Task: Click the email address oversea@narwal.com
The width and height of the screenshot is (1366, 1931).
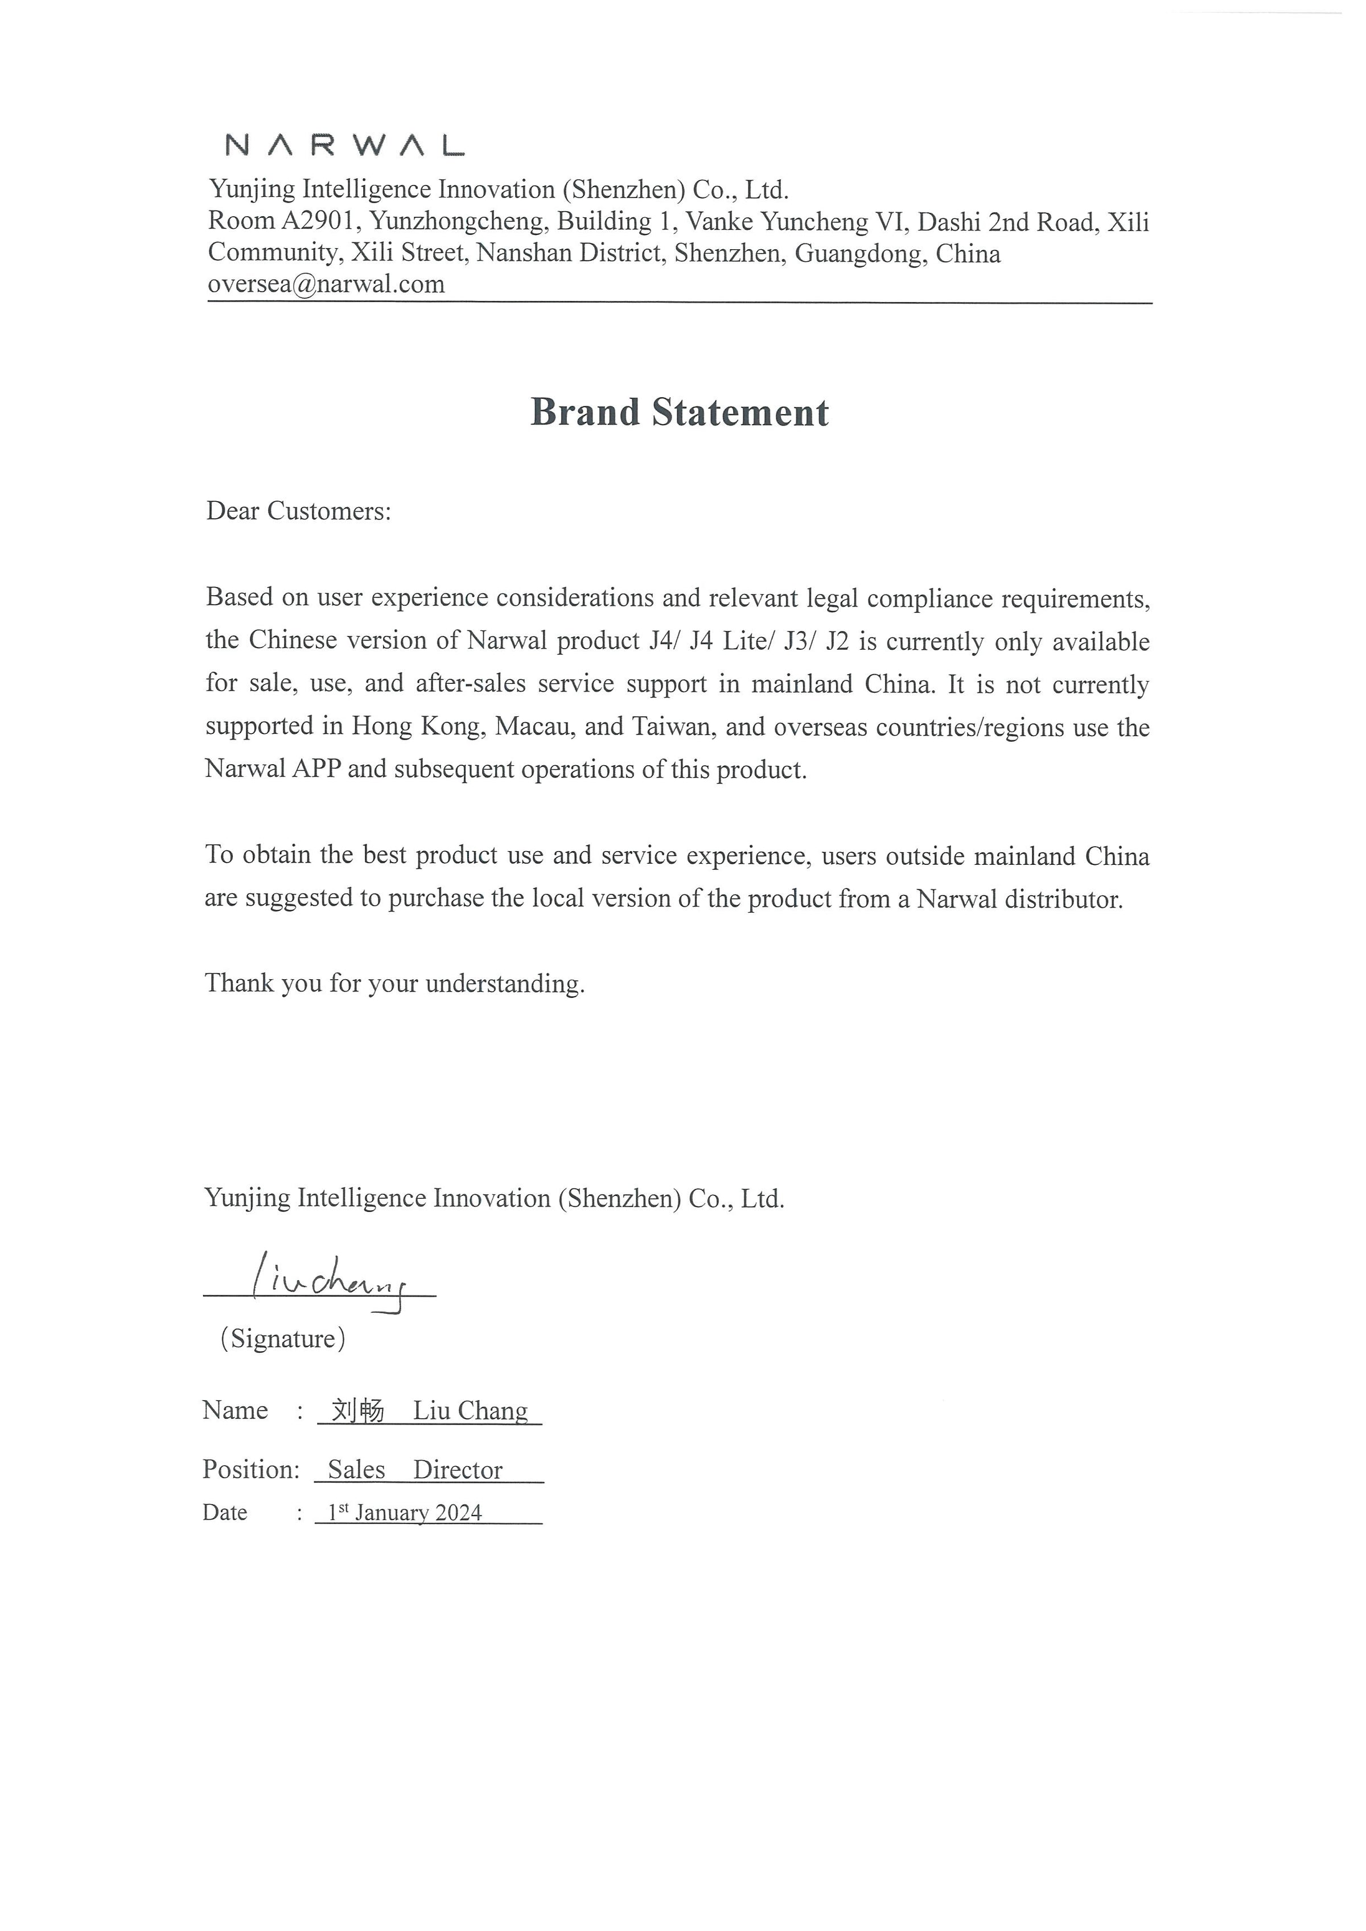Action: (x=326, y=284)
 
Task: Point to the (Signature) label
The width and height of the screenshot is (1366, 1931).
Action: (x=283, y=1338)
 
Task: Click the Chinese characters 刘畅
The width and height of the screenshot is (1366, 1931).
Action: (x=357, y=1410)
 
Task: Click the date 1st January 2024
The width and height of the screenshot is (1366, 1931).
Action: (x=405, y=1512)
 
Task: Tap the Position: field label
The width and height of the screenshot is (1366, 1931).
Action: (x=250, y=1469)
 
